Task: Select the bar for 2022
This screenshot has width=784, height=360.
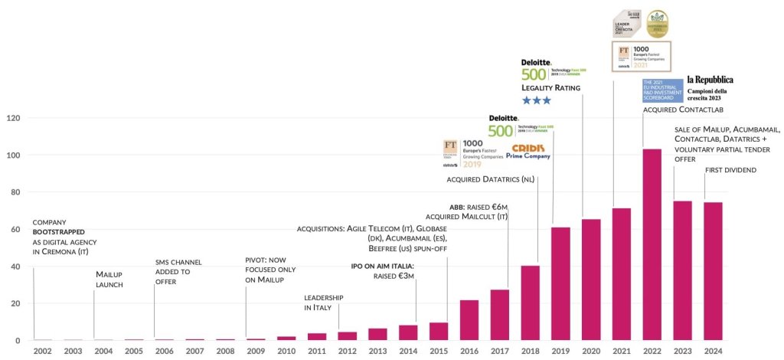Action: tap(652, 244)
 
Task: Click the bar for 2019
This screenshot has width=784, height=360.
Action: tap(560, 283)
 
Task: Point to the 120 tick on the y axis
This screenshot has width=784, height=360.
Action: tap(12, 119)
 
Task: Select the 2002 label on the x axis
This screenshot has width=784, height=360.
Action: tap(43, 351)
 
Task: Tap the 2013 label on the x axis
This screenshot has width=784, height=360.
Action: tap(377, 351)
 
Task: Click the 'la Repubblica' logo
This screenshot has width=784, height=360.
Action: tap(710, 80)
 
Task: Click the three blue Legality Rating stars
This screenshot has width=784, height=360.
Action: tap(536, 100)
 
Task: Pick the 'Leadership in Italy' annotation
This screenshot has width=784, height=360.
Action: tap(323, 302)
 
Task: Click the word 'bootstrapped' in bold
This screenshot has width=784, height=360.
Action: tap(58, 231)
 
